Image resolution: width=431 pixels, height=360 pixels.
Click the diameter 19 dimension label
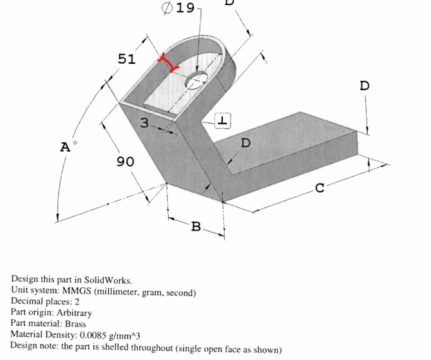point(178,8)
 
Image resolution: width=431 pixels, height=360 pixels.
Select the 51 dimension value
point(127,59)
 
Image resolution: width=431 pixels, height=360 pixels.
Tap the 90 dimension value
point(126,162)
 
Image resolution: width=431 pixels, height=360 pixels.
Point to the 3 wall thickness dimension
point(144,122)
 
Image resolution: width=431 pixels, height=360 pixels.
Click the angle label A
point(65,147)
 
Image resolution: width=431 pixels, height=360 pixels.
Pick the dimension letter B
point(196,227)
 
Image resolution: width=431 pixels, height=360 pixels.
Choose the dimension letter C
point(320,188)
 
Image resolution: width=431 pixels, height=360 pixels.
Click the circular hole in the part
point(196,81)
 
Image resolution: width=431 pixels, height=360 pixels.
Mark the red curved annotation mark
point(168,62)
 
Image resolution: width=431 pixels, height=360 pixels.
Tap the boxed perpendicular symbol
point(223,120)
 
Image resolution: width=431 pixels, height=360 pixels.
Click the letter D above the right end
point(365,86)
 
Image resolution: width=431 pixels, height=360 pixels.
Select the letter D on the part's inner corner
point(245,143)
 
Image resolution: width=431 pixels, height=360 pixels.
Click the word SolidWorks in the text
point(108,280)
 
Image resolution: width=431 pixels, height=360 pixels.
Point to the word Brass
point(75,324)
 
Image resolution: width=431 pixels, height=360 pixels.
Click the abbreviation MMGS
point(77,290)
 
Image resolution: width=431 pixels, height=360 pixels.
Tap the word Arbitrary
point(74,313)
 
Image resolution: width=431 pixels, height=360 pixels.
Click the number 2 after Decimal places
point(77,302)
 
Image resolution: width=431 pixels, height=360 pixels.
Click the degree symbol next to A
point(75,143)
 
